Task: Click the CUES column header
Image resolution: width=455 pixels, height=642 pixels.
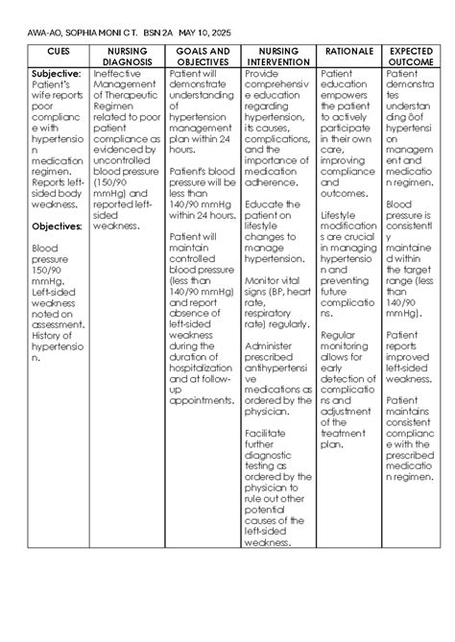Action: point(58,51)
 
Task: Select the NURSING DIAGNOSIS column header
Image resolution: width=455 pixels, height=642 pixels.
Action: point(127,56)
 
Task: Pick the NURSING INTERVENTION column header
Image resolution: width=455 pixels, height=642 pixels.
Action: point(277,56)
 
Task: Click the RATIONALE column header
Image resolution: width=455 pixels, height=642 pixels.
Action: point(348,51)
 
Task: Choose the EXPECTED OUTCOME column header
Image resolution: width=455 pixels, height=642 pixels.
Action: point(411,56)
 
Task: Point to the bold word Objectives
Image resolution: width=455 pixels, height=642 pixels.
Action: point(61,226)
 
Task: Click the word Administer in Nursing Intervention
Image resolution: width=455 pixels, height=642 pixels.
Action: point(271,345)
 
